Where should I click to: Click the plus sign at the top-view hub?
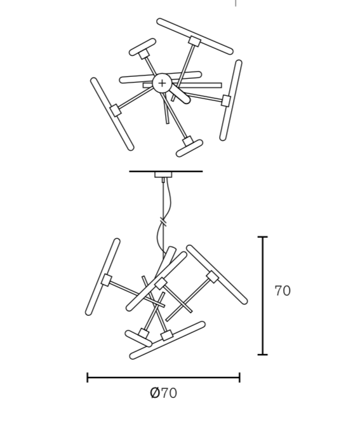pos(162,83)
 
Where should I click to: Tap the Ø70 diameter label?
pos(163,393)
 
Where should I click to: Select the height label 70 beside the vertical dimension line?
pos(283,291)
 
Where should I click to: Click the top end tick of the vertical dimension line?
pos(263,236)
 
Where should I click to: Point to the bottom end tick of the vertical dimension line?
pos(263,355)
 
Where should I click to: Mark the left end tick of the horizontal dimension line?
pos(88,378)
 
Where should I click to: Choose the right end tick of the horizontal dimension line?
pos(239,378)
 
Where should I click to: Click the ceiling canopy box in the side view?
pos(163,175)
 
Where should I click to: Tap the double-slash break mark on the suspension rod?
pos(163,221)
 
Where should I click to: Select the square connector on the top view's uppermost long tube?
pos(194,41)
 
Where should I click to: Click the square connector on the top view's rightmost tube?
pos(226,100)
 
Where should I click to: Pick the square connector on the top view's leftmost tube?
pos(116,110)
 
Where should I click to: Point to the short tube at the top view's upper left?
pos(142,47)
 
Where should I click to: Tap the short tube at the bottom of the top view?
pos(189,148)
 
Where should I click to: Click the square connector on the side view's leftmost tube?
pos(106,280)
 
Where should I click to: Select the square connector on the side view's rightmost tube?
pos(212,277)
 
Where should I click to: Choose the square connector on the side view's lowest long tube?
pos(166,336)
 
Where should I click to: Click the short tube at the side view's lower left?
pos(138,339)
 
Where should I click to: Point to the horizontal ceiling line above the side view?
pos(166,171)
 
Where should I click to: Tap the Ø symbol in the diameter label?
pos(155,393)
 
